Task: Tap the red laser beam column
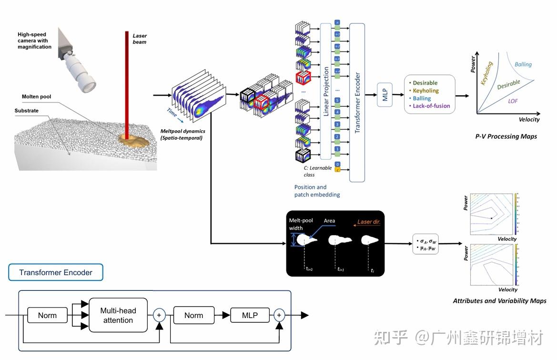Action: pyautogui.click(x=127, y=81)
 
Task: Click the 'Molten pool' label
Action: pyautogui.click(x=36, y=97)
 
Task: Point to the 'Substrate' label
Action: pyautogui.click(x=27, y=111)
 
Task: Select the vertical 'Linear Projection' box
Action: pyautogui.click(x=326, y=91)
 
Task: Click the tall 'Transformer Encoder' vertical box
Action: pyautogui.click(x=357, y=102)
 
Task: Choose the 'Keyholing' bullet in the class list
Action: pyautogui.click(x=425, y=91)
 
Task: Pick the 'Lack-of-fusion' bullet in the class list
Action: pyautogui.click(x=431, y=106)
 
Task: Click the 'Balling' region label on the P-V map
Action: pyautogui.click(x=523, y=64)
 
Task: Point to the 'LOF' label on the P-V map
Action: pyautogui.click(x=513, y=101)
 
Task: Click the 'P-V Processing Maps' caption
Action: pyautogui.click(x=506, y=136)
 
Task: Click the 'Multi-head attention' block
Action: pyautogui.click(x=118, y=316)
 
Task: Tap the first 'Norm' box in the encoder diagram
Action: pyautogui.click(x=47, y=316)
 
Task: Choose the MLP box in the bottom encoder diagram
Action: pyautogui.click(x=249, y=315)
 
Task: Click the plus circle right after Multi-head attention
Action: pyautogui.click(x=159, y=315)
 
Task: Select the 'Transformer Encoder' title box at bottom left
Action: pyautogui.click(x=56, y=273)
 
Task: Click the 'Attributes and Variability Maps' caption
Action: pyautogui.click(x=499, y=301)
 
